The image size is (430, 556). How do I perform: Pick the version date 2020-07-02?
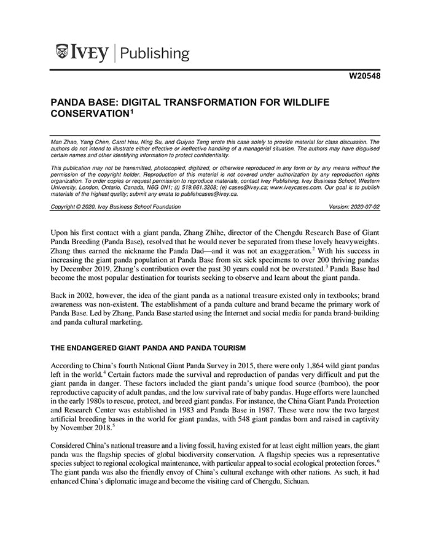coord(364,207)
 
